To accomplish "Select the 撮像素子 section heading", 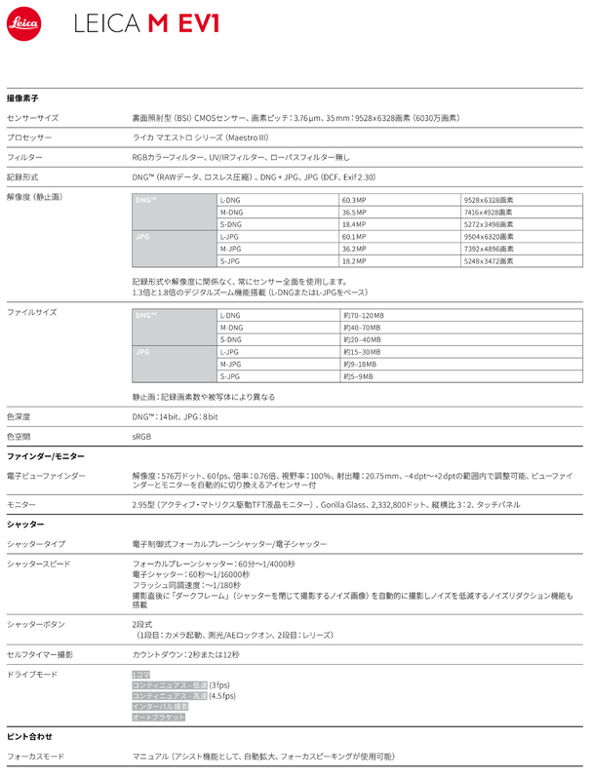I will point(22,99).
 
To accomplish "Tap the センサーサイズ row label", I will point(33,117).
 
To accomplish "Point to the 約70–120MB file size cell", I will point(364,315).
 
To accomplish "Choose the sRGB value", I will point(141,436).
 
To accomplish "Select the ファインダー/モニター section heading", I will point(46,456).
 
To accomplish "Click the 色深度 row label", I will point(20,416).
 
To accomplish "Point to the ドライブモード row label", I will point(33,674).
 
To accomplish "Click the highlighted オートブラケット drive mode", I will point(158,717).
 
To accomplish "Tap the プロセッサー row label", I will point(28,137).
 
